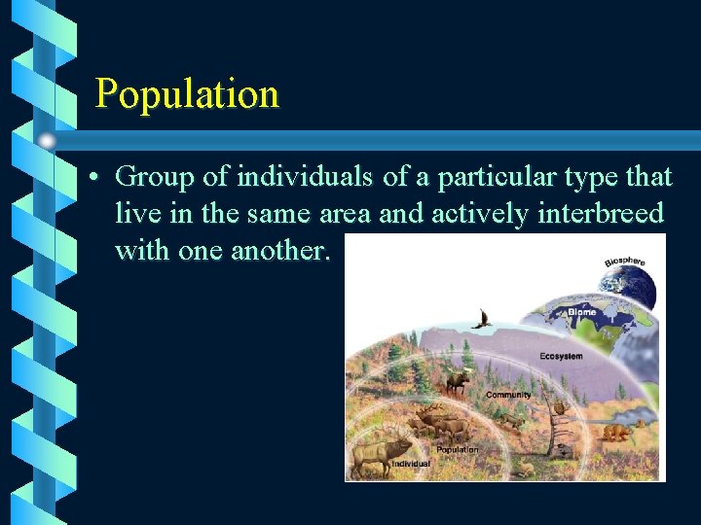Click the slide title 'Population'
(187, 94)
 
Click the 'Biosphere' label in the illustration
(623, 261)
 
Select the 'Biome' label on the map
(582, 312)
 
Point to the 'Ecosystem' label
(561, 357)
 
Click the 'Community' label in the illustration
(508, 395)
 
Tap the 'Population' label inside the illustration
(457, 449)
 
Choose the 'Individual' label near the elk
(410, 465)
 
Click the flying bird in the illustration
(481, 318)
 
